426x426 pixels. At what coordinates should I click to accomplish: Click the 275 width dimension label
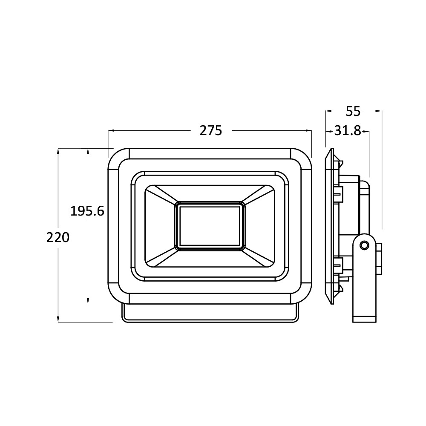click(211, 131)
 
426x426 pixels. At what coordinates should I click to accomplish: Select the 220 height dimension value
click(58, 237)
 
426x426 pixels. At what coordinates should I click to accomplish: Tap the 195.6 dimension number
click(87, 211)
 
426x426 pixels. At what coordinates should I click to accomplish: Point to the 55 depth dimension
click(353, 111)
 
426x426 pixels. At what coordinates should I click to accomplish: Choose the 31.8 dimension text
click(348, 131)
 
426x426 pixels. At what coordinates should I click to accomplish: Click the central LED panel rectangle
click(210, 226)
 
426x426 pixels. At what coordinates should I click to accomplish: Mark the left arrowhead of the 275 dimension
click(111, 131)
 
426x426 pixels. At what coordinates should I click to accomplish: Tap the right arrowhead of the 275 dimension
click(308, 131)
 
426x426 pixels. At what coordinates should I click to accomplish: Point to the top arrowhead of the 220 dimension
click(58, 151)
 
